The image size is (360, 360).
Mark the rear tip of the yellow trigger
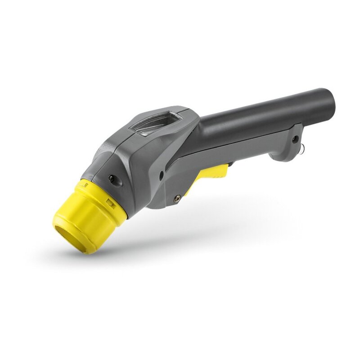coord(225,167)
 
